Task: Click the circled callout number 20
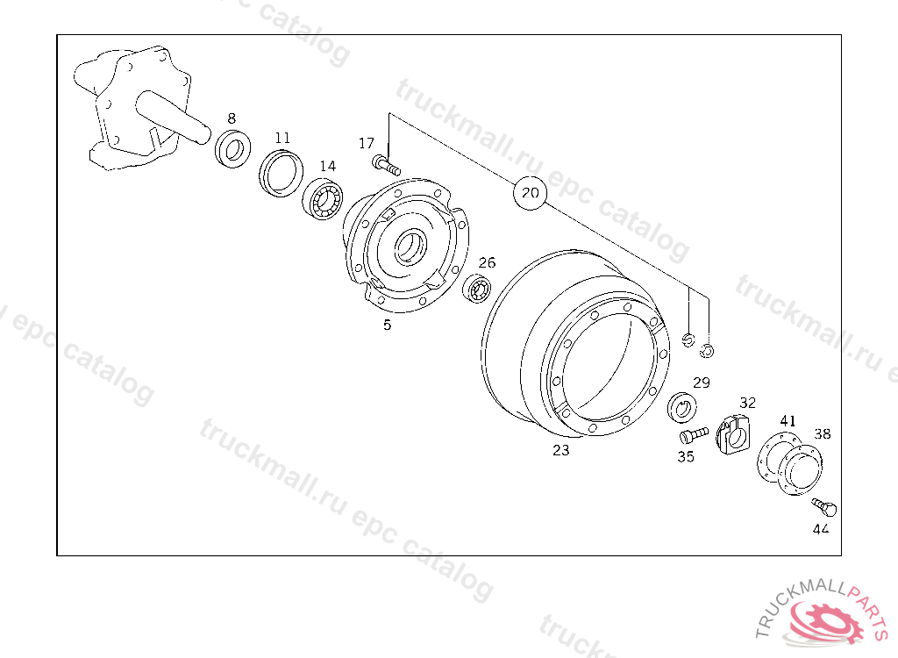pos(531,193)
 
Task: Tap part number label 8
pos(232,118)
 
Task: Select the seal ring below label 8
pos(233,149)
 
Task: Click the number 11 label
pos(282,138)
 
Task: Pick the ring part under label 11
pos(282,173)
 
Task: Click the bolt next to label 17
pos(387,165)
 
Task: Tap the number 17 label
pos(367,143)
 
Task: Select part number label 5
pos(387,325)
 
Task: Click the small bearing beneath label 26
pos(478,288)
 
